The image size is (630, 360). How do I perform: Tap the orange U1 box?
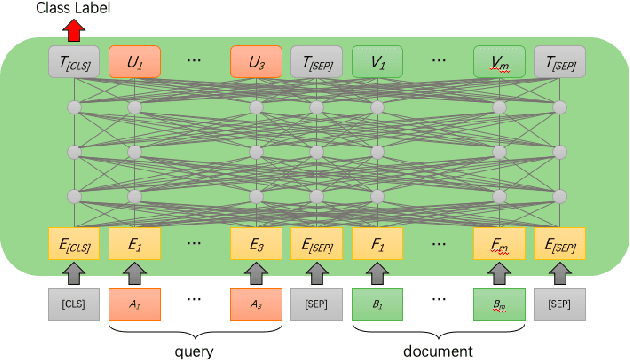pos(133,63)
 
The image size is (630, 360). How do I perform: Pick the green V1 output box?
pos(377,63)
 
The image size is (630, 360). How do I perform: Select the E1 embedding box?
pos(133,242)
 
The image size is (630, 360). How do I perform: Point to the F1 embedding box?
pos(377,242)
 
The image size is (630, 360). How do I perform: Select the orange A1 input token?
pos(133,302)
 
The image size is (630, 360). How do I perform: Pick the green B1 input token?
pos(377,302)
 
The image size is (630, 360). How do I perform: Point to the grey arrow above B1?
pos(377,272)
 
